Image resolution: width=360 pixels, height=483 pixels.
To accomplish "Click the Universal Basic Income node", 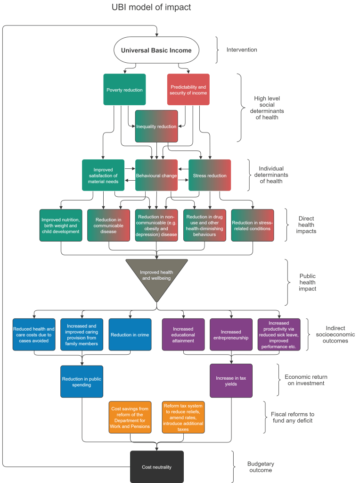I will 156,50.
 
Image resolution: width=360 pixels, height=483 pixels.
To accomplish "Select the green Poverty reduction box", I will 124,90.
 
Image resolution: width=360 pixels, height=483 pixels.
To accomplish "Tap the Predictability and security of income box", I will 188,90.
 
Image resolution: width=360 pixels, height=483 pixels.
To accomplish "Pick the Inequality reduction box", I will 156,126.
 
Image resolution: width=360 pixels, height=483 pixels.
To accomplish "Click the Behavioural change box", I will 156,175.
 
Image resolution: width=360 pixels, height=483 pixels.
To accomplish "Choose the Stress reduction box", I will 210,175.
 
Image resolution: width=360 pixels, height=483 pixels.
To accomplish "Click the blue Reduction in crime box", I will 130,334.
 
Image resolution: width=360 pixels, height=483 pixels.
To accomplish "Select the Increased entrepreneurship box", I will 231,334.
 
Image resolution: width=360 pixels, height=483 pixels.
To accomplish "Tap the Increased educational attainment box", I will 183,334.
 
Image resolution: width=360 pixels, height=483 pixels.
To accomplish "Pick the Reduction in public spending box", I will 82,381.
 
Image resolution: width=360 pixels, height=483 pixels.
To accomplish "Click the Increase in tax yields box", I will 231,381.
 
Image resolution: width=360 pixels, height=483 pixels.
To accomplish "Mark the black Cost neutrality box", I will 156,467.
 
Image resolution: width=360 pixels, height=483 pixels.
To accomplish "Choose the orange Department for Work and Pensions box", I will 130,417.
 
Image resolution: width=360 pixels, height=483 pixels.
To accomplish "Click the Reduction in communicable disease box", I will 109,225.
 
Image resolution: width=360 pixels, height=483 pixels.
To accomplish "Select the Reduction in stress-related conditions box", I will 252,225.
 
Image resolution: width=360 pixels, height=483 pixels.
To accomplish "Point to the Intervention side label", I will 242,50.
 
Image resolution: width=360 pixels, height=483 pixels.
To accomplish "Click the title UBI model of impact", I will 151,8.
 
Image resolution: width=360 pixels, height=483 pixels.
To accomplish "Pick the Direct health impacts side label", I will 306,225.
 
